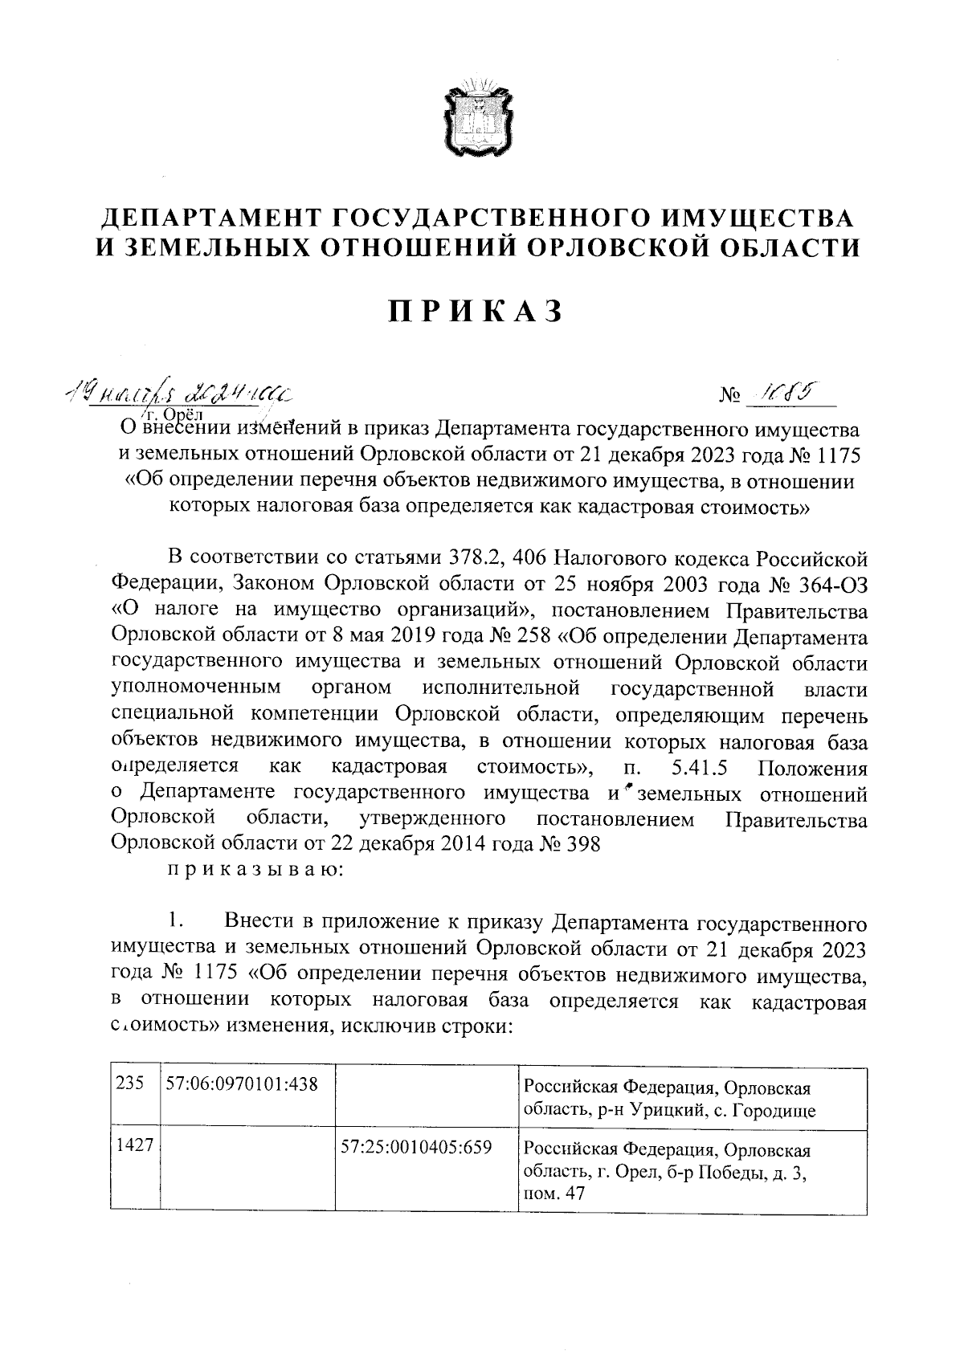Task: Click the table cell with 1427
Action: (x=134, y=1146)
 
